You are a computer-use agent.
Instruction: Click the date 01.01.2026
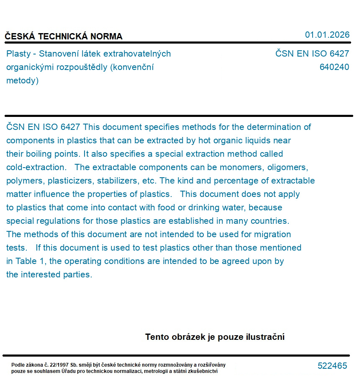click(327, 35)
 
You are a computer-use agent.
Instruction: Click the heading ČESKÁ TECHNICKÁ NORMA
click(64, 36)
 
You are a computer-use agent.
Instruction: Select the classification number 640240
click(334, 67)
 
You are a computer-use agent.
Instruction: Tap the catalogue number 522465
click(332, 366)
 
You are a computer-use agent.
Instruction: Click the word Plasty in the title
click(18, 54)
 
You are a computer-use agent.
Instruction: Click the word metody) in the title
click(22, 80)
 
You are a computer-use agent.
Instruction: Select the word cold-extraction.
click(36, 167)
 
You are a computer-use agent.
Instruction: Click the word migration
click(270, 234)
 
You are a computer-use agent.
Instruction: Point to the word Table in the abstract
click(26, 261)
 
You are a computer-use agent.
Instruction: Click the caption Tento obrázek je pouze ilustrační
click(215, 337)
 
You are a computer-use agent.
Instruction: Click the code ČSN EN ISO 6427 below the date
click(312, 54)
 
